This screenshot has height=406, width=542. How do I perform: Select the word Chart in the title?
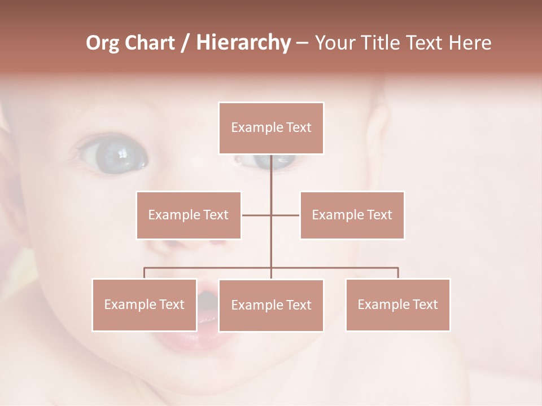[x=150, y=43]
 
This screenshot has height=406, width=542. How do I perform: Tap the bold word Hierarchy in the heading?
[x=243, y=43]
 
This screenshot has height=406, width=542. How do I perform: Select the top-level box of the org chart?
[x=271, y=128]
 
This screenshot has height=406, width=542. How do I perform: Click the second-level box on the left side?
[x=189, y=215]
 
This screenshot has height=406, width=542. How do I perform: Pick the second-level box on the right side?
[x=352, y=215]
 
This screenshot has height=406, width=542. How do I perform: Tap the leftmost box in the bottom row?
[x=145, y=304]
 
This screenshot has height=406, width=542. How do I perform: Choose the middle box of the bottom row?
[x=271, y=305]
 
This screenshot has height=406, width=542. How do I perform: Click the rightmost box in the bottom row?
[x=397, y=304]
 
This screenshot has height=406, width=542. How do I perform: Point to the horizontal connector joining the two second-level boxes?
[x=257, y=215]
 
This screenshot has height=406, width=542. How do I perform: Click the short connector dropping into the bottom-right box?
[x=398, y=273]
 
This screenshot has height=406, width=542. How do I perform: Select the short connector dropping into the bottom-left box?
[x=145, y=273]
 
